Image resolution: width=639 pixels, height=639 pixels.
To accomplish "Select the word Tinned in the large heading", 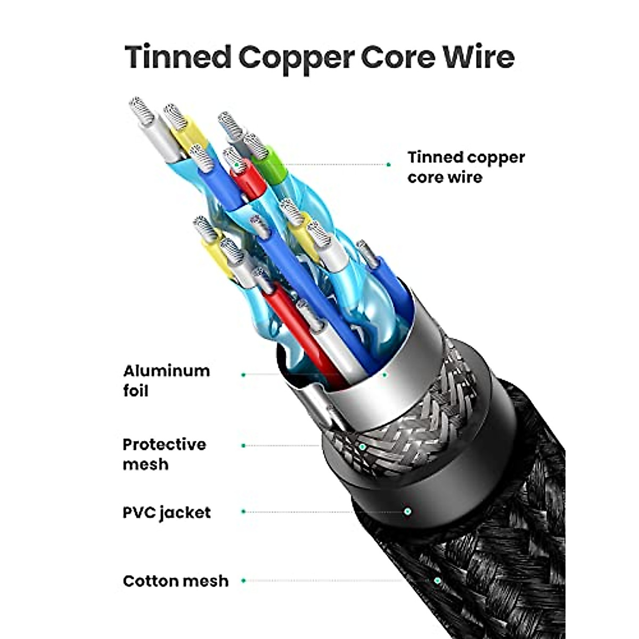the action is point(178,58).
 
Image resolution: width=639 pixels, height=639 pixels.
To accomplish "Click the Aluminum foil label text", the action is point(167,381).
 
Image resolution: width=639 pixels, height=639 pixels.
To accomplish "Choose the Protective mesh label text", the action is point(165,454).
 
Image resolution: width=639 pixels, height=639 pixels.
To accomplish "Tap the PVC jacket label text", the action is point(167,513).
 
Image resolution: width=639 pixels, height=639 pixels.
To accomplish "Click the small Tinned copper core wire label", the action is point(466,167).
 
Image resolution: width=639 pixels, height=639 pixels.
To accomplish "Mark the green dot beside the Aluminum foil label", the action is point(243,375).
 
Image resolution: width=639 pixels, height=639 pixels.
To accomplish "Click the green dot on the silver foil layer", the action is point(384,375).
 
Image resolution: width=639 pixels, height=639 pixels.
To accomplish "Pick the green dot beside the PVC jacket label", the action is point(243,512).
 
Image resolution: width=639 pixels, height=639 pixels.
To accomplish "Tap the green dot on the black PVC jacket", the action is point(408,511).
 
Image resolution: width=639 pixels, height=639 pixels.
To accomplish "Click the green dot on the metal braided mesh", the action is point(363,447).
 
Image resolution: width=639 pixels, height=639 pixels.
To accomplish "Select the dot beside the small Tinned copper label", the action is point(389,165).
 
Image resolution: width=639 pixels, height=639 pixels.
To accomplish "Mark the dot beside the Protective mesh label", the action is point(243,446).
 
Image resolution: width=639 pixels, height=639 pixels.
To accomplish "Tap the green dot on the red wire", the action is point(236,164).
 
